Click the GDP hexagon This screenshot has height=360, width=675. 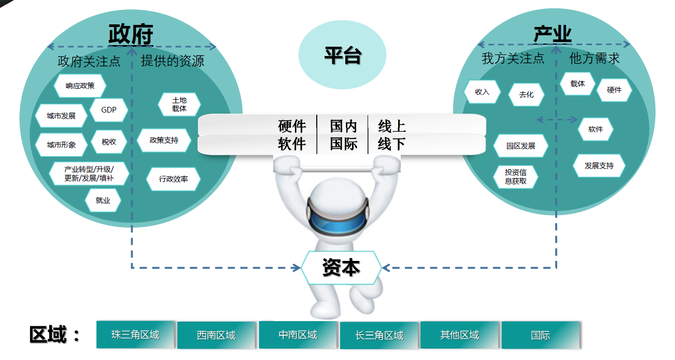tap(108, 110)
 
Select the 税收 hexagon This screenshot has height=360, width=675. tap(109, 142)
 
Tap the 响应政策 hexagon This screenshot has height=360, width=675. tap(80, 86)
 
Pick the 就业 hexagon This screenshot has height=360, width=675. tap(103, 200)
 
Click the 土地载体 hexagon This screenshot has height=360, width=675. tap(179, 105)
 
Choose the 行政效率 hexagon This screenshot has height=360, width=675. tap(173, 179)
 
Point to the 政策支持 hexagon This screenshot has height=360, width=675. tap(164, 140)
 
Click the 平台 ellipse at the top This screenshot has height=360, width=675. tap(342, 54)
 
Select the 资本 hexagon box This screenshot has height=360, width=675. tap(341, 268)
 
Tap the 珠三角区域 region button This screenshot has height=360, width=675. tap(135, 335)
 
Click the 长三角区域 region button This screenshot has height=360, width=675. tap(379, 336)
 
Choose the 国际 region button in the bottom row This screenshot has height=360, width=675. tap(540, 335)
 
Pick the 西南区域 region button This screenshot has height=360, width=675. tap(216, 336)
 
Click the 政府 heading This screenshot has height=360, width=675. tap(131, 35)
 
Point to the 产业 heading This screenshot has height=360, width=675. tap(553, 35)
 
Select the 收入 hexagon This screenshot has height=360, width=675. tap(482, 92)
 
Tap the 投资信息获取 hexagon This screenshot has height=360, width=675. tap(516, 176)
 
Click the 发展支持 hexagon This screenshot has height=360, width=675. tap(599, 166)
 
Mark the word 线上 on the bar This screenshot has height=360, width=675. tap(392, 126)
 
